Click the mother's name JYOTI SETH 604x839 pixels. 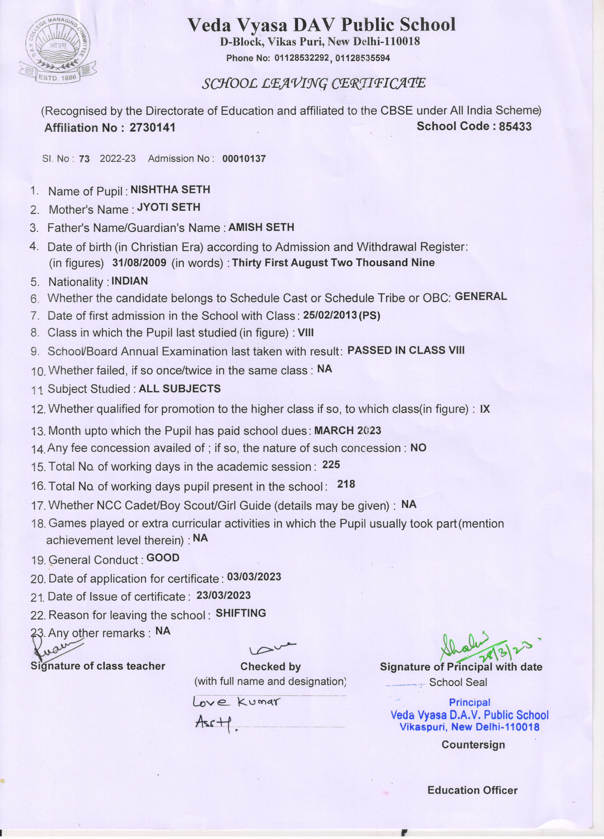click(x=168, y=207)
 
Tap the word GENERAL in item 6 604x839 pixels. click(x=481, y=296)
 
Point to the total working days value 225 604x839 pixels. click(x=331, y=465)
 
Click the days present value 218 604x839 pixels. click(x=346, y=484)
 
